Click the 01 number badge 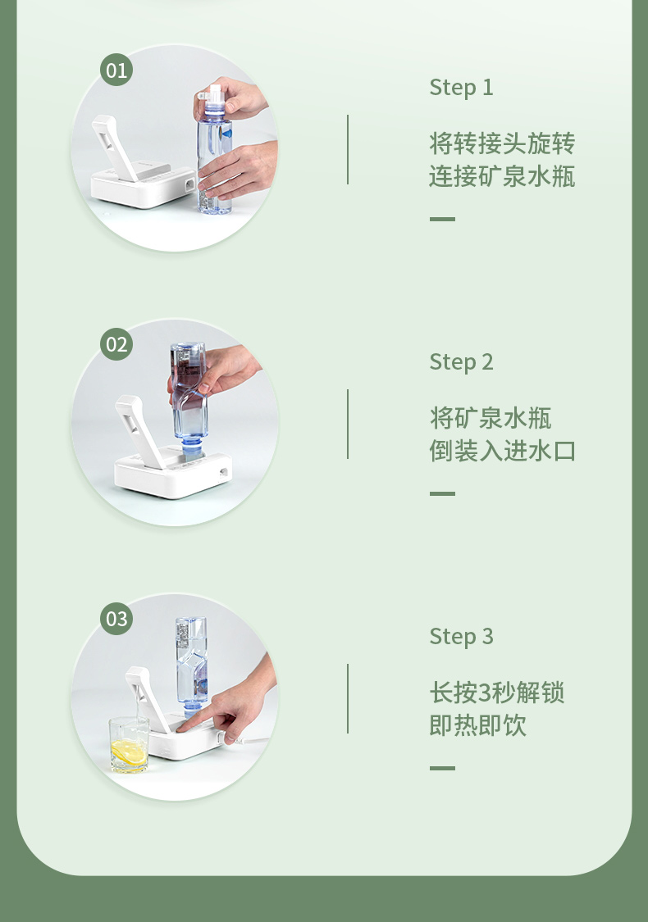coord(116,70)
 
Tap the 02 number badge coord(116,344)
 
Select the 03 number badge coord(116,619)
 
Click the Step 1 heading coord(462,88)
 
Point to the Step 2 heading coord(462,362)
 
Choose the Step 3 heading coord(462,637)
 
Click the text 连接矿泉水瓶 coord(502,176)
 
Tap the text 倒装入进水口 coord(502,451)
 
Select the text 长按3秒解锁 coord(497,692)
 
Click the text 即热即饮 coord(477,725)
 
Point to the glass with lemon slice coord(128,744)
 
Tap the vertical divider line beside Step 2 coord(348,424)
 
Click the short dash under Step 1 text coord(442,219)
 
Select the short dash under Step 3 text coord(442,768)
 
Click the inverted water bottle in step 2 coord(189,400)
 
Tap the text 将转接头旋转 coord(502,143)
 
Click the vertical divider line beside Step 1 coord(348,149)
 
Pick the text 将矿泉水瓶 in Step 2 coord(491,418)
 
